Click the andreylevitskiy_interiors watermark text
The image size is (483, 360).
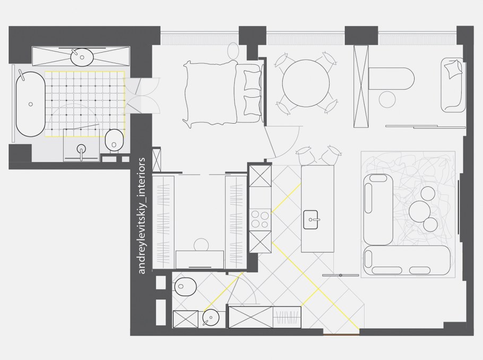[142, 216]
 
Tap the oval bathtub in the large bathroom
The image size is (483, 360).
[30, 104]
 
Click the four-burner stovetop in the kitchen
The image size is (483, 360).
[260, 219]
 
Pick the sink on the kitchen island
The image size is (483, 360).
[311, 220]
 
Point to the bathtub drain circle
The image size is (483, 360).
[30, 104]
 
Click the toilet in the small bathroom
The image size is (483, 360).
[185, 287]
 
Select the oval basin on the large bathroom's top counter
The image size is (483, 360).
[82, 57]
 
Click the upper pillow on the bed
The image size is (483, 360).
[252, 81]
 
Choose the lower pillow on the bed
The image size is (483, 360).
[252, 106]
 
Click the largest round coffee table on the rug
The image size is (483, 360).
[419, 211]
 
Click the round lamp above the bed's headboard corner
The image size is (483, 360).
[233, 50]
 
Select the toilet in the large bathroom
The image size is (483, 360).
[114, 140]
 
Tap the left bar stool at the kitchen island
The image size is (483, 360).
[304, 156]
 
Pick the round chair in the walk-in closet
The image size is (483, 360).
[201, 245]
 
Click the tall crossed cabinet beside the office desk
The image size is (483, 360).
[361, 87]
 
